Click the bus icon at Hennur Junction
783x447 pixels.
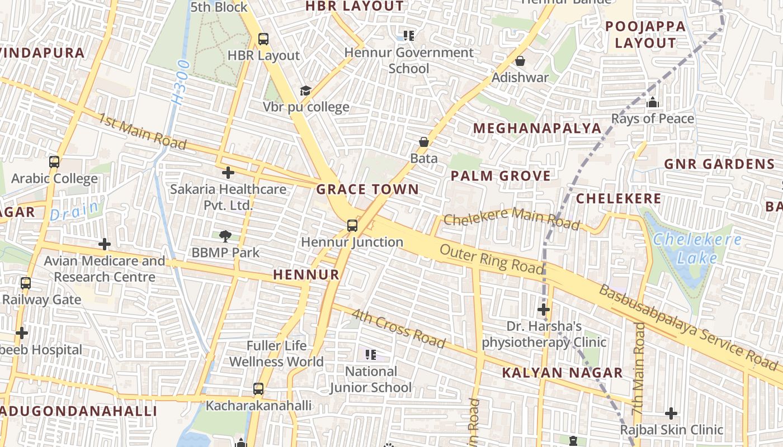tap(352, 226)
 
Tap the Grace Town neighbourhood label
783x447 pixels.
tap(367, 189)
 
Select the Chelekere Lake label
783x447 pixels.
tap(697, 249)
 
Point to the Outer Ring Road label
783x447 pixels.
tap(491, 259)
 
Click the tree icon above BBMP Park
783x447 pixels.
tap(225, 236)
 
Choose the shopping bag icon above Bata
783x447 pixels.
tap(424, 142)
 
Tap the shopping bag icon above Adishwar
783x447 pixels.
tap(520, 61)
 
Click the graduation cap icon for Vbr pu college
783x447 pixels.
tap(305, 91)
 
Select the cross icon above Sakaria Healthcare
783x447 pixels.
tap(228, 173)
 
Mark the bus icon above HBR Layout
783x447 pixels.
tap(263, 39)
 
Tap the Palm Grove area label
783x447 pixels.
tap(501, 176)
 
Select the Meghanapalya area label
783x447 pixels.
tap(537, 129)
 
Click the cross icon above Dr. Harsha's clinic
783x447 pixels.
tap(544, 310)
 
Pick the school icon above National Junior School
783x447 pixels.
tap(370, 355)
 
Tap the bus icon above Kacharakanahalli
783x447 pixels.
tap(258, 388)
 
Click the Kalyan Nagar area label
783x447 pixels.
tap(562, 373)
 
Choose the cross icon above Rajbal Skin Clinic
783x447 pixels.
tap(671, 413)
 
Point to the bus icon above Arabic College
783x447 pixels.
tap(54, 162)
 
